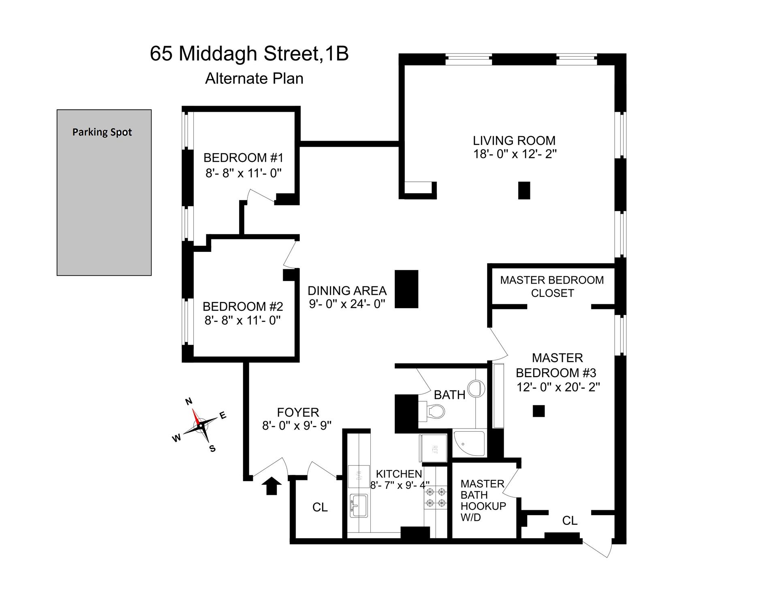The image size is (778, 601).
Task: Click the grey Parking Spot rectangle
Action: pyautogui.click(x=104, y=192)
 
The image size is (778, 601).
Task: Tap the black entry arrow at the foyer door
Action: pyautogui.click(x=271, y=486)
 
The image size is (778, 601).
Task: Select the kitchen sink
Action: pyautogui.click(x=358, y=505)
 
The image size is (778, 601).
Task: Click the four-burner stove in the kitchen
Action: pyautogui.click(x=436, y=497)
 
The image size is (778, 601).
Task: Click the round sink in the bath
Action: pyautogui.click(x=477, y=388)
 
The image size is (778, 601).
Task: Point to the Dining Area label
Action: pyautogui.click(x=347, y=291)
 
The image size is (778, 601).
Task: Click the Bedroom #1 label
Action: pyautogui.click(x=243, y=158)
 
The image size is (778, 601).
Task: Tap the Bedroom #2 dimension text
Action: pyautogui.click(x=243, y=320)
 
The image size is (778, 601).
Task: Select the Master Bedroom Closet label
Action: pyautogui.click(x=552, y=286)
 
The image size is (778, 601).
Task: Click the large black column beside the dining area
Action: pyautogui.click(x=406, y=289)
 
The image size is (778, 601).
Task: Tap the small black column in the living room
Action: pyautogui.click(x=524, y=190)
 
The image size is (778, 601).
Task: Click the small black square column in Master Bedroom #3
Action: pyautogui.click(x=539, y=411)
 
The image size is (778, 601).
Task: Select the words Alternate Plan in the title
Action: pyautogui.click(x=254, y=78)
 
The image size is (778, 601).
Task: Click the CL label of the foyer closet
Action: pyautogui.click(x=320, y=507)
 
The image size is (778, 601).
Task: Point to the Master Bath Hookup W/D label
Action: pyautogui.click(x=483, y=500)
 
